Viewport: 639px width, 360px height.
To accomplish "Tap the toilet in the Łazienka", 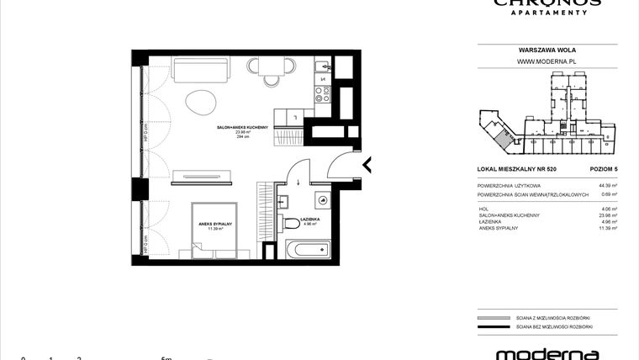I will [323, 199].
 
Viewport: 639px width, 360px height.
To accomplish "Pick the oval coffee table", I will [201, 103].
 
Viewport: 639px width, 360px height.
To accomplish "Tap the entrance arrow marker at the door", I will [366, 164].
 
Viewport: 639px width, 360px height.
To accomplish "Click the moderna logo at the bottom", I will [547, 354].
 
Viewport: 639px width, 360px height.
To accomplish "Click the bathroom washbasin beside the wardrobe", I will [283, 200].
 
